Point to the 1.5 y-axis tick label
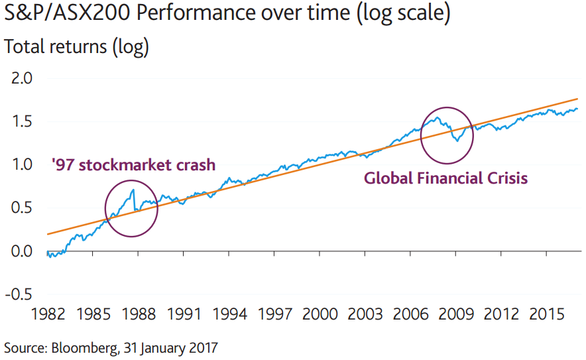pos(21,122)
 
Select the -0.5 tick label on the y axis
pos(18,294)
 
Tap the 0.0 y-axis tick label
pos(21,251)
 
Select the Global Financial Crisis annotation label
pos(446,178)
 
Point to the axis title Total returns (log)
pos(77,47)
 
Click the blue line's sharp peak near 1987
pos(133,190)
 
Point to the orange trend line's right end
pos(578,99)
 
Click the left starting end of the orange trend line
pos(48,234)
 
